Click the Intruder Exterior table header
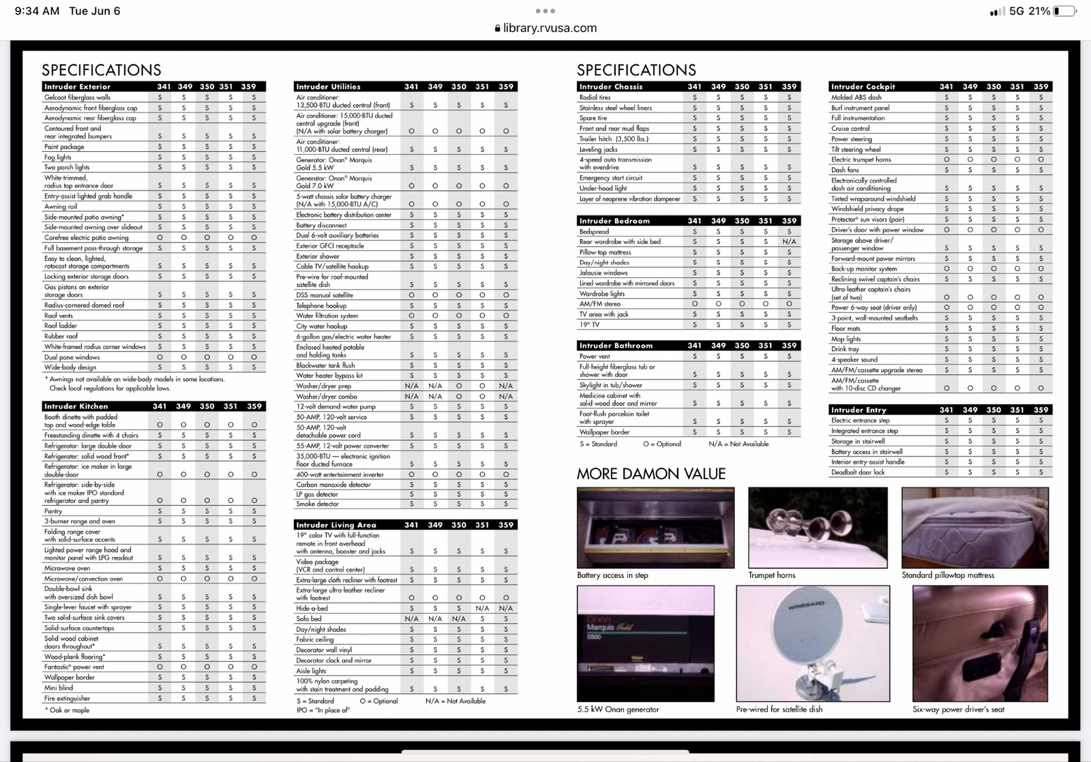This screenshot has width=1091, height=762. coord(77,87)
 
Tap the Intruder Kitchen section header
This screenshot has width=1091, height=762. coord(76,406)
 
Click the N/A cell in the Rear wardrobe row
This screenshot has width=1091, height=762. coord(789,242)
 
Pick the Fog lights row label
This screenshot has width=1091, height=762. coord(58,157)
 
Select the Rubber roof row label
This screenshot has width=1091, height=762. coord(61,336)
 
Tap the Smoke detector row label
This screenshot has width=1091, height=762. coord(317,504)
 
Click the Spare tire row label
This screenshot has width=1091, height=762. coord(593,118)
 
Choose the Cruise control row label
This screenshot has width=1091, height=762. coord(850,128)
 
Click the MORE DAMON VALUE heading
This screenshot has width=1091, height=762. coord(651,474)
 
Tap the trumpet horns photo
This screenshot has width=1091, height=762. coord(818,527)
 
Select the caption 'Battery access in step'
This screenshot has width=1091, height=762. coord(612,575)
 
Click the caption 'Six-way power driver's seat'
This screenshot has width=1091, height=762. coord(958,710)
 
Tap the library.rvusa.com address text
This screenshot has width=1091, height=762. coord(550,28)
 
